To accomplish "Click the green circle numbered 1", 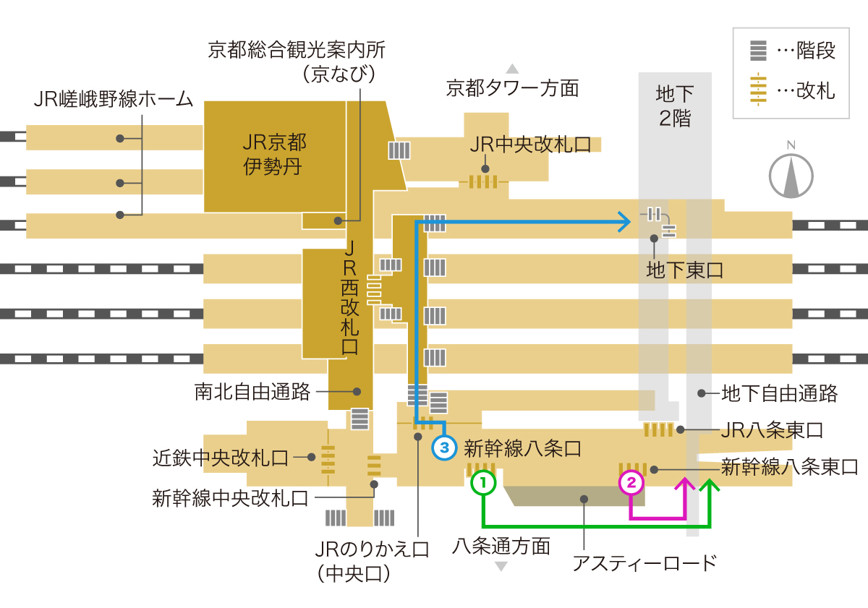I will [483, 481].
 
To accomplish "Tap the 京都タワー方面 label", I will [512, 88].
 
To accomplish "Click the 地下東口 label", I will [684, 270].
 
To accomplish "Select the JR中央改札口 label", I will [530, 144].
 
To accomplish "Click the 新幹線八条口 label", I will [522, 448].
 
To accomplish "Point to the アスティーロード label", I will [644, 562].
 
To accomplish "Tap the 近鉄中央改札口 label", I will [221, 458].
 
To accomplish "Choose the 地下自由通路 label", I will [780, 393].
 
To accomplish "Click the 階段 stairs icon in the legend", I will [758, 51].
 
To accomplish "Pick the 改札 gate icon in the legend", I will [758, 90].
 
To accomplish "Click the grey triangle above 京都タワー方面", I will [512, 69].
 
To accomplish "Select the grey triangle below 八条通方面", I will [501, 567].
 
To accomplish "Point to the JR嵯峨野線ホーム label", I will [114, 99].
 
